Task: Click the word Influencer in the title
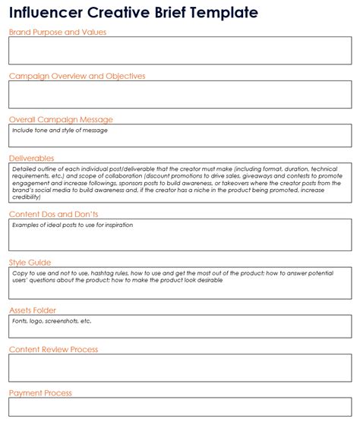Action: point(44,13)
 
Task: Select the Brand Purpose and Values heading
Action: point(57,32)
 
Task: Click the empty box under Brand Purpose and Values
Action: point(180,51)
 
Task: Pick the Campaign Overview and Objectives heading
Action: point(77,76)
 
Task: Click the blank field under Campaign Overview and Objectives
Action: point(180,95)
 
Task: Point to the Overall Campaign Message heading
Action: point(61,119)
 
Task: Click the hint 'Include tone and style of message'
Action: point(60,131)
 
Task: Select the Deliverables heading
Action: point(32,157)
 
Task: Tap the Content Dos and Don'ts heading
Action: point(53,214)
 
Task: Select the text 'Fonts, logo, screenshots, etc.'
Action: point(52,321)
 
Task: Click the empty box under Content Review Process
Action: point(180,368)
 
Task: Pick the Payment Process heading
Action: point(41,393)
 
